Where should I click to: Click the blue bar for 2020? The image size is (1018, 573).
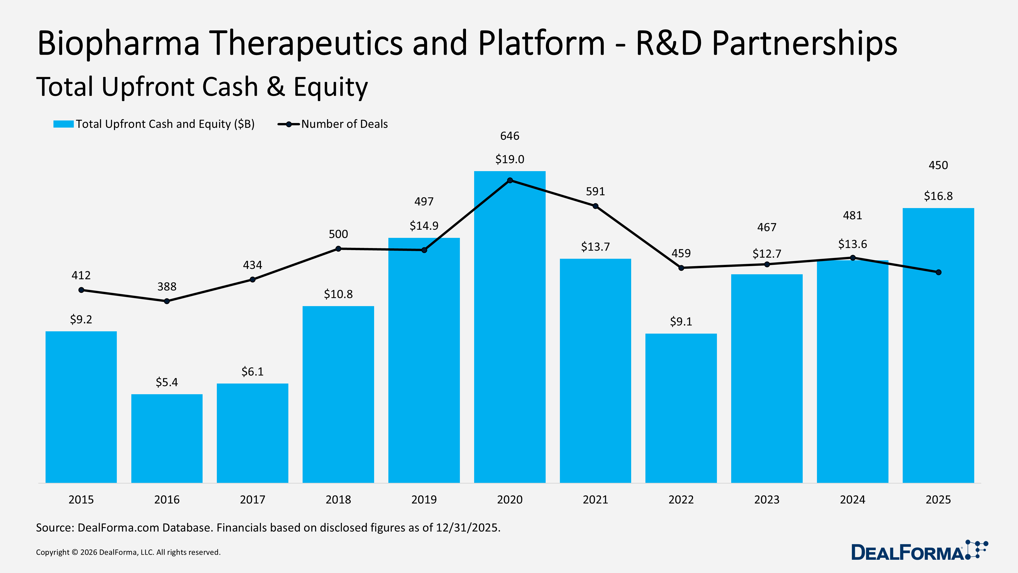click(x=510, y=336)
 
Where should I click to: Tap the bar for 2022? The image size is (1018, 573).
click(x=681, y=407)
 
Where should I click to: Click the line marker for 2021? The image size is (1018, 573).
click(x=595, y=206)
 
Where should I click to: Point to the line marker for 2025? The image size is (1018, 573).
click(x=939, y=272)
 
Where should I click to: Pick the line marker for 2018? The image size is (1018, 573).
click(x=338, y=249)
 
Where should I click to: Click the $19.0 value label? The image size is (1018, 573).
click(x=510, y=159)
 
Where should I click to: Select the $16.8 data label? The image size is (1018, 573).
click(x=938, y=196)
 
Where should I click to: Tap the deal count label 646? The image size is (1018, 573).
click(x=510, y=136)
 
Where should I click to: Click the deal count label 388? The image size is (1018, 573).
click(x=167, y=287)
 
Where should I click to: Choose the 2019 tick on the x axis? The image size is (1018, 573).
click(x=424, y=499)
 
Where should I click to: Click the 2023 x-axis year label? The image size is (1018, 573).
click(x=767, y=499)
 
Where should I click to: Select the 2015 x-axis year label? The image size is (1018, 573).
click(x=81, y=499)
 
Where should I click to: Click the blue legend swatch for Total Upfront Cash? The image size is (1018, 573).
click(x=63, y=124)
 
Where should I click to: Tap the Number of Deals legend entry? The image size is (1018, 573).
click(x=344, y=124)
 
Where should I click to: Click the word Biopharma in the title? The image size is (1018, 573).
click(x=119, y=44)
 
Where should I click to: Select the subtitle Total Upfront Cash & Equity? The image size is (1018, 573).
click(x=202, y=87)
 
